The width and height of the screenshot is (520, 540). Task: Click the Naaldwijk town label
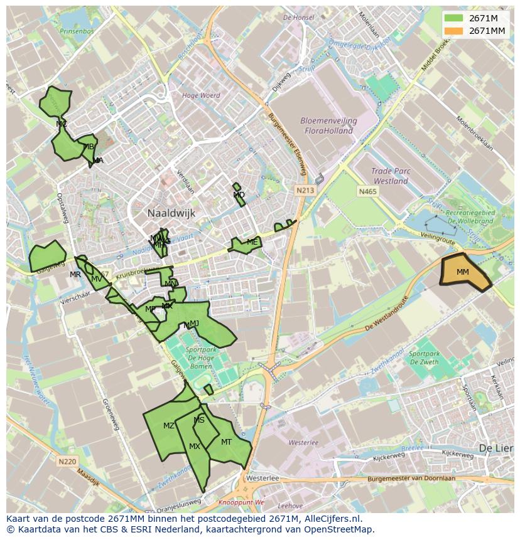171,213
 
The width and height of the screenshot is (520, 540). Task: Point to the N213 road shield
306,189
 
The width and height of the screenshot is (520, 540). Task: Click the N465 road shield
368,191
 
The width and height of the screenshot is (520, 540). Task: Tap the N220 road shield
67,462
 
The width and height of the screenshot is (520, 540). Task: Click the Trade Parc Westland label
389,176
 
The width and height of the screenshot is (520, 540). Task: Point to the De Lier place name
493,448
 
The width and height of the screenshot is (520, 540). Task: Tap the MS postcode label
199,420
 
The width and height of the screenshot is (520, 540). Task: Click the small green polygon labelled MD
238,195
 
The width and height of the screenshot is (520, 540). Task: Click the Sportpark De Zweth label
425,357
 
